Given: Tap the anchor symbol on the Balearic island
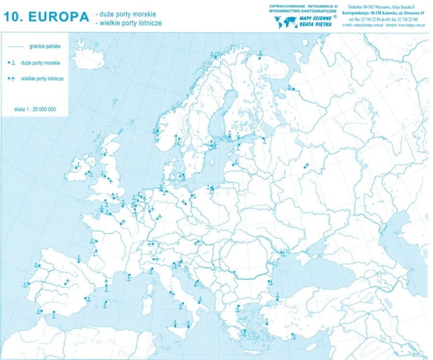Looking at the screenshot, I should (x=106, y=302).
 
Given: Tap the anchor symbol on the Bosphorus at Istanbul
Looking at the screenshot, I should (x=277, y=295).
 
